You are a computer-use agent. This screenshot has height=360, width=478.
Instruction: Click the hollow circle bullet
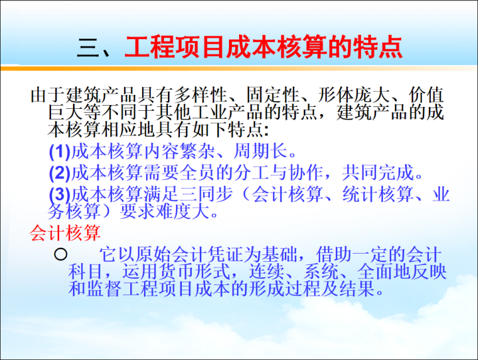coord(60,255)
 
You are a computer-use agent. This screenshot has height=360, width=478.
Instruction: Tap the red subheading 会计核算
coord(65,234)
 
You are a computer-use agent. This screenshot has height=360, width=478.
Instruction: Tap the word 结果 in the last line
coord(360,289)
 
